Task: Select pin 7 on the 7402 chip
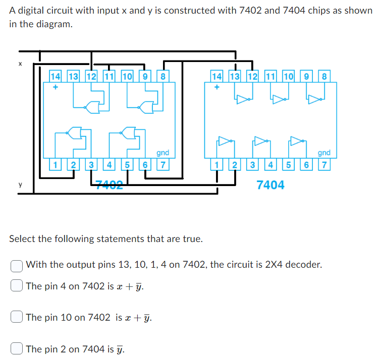pos(162,164)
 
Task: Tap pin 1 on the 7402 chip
pos(56,164)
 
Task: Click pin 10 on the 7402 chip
pos(127,77)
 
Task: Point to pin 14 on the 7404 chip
pos(217,77)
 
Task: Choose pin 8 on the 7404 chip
pos(324,77)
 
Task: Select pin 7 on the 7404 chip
pos(324,164)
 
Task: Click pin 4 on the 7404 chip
pos(270,164)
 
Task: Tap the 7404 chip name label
pos(270,185)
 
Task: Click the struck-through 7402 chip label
pos(109,185)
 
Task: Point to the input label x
pos(20,64)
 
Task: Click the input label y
pos(20,185)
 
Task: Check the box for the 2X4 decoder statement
pos(17,265)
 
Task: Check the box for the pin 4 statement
pos(17,286)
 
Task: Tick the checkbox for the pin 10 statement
pos(17,317)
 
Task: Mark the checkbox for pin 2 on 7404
pos(17,348)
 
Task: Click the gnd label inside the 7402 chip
pos(162,153)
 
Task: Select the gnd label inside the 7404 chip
pos(324,153)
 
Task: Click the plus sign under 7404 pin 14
pos(217,87)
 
